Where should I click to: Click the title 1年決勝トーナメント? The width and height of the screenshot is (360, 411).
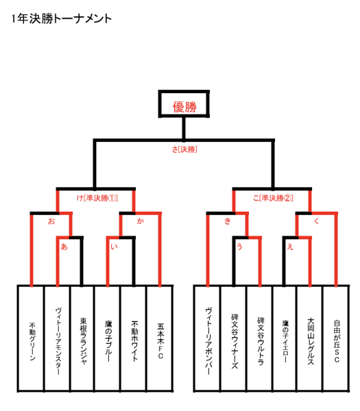pos(62,19)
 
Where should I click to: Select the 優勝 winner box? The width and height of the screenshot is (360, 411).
pos(184,104)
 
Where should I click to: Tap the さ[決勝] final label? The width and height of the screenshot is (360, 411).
pos(184,149)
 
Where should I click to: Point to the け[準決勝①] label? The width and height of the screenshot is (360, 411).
pos(97,198)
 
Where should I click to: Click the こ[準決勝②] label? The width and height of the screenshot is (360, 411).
pos(273,198)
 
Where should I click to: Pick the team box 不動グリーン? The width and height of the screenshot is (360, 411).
pos(31,338)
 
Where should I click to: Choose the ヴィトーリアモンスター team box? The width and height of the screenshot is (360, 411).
pos(58,338)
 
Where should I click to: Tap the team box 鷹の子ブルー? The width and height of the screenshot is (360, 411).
pos(108,338)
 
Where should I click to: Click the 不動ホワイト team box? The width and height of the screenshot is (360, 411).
pos(134,338)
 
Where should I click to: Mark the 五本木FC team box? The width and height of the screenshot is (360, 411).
pos(160,338)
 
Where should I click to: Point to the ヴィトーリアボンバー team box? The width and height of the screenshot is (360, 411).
pos(207,338)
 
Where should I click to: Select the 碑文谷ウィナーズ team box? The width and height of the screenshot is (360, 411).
pos(234,338)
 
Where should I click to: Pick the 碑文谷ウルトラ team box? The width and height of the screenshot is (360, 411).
pos(260,338)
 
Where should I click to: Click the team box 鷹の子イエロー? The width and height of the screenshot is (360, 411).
pos(285,338)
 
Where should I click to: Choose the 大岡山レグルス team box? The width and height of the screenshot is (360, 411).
pos(310,338)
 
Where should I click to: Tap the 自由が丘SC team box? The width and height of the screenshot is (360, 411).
pos(337,338)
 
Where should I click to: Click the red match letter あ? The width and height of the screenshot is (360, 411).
pos(64,247)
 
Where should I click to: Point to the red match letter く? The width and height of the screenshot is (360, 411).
pos(316,221)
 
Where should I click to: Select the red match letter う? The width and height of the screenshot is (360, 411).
pos(239,247)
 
